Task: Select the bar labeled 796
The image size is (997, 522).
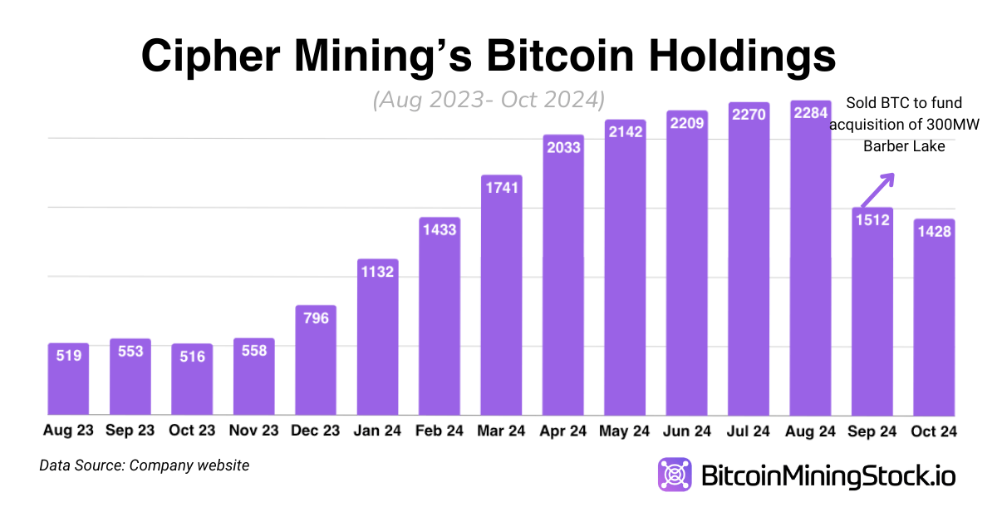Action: (x=316, y=366)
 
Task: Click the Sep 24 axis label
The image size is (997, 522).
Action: (x=872, y=431)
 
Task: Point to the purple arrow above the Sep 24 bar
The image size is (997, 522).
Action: (x=877, y=189)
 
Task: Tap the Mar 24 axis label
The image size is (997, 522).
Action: (x=501, y=431)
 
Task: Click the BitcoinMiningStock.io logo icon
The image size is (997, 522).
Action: (x=675, y=475)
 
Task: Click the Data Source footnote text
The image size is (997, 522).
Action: (x=144, y=465)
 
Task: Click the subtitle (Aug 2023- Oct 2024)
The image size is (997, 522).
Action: (x=488, y=100)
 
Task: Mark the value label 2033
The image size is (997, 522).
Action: (x=563, y=147)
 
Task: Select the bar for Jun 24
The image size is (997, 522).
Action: (x=687, y=266)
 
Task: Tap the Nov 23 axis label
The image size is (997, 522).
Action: (x=253, y=431)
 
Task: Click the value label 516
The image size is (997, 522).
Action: (x=192, y=356)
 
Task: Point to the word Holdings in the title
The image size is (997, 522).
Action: (x=731, y=57)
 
